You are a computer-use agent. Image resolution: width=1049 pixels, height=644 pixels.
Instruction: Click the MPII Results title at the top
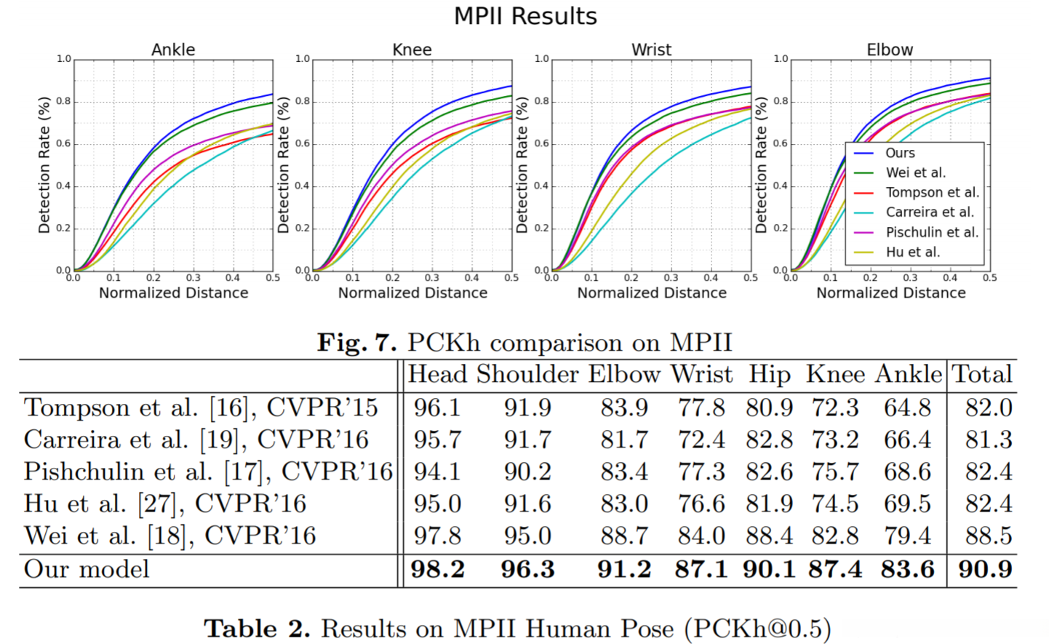[525, 16]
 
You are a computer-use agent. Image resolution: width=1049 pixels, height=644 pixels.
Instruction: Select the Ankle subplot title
[173, 49]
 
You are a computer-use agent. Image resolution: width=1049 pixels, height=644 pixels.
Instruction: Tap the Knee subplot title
[412, 49]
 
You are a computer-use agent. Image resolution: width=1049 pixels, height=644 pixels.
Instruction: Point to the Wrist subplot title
[651, 49]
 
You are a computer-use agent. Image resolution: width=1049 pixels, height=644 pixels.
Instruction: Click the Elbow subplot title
[890, 49]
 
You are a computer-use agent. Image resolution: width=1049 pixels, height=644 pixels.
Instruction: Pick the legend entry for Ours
[900, 153]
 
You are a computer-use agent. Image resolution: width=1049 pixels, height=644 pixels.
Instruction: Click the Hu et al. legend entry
[912, 252]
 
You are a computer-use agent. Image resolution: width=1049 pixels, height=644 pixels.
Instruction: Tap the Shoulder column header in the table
[527, 374]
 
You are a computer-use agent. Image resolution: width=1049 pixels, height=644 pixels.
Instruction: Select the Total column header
[982, 374]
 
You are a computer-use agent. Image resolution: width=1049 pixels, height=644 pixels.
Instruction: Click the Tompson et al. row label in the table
[201, 408]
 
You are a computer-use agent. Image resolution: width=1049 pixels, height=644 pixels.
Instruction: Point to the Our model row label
[87, 569]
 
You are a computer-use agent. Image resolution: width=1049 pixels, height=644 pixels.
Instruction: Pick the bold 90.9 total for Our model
[985, 569]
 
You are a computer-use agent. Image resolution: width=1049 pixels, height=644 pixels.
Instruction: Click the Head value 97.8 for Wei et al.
[437, 536]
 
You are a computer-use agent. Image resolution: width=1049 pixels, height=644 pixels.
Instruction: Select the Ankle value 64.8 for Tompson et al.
[907, 408]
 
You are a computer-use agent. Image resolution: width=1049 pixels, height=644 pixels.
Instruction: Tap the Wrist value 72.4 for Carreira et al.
[701, 440]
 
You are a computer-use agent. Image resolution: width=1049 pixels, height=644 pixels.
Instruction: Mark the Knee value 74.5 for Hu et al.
[835, 504]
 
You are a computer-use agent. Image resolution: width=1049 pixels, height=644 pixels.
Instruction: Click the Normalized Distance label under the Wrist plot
[652, 293]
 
